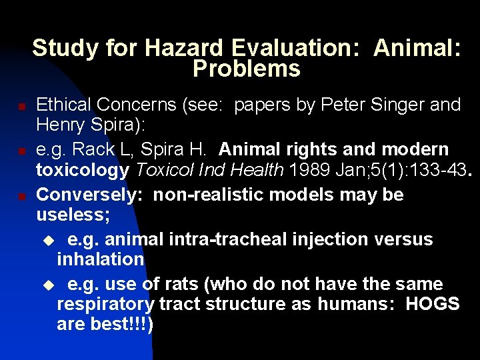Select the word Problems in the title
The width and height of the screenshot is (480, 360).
[246, 69]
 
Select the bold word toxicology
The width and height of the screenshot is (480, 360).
[83, 170]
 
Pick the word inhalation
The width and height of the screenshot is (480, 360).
[101, 259]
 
